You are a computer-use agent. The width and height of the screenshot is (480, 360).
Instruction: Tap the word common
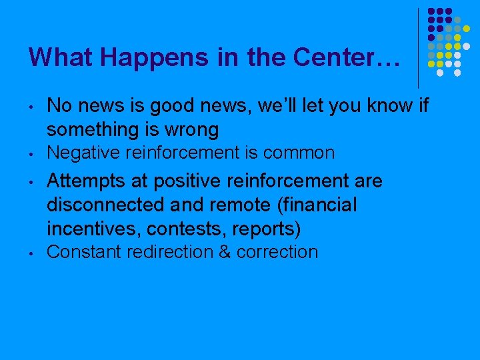click(299, 153)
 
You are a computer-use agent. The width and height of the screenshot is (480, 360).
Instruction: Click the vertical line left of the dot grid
click(418, 47)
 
